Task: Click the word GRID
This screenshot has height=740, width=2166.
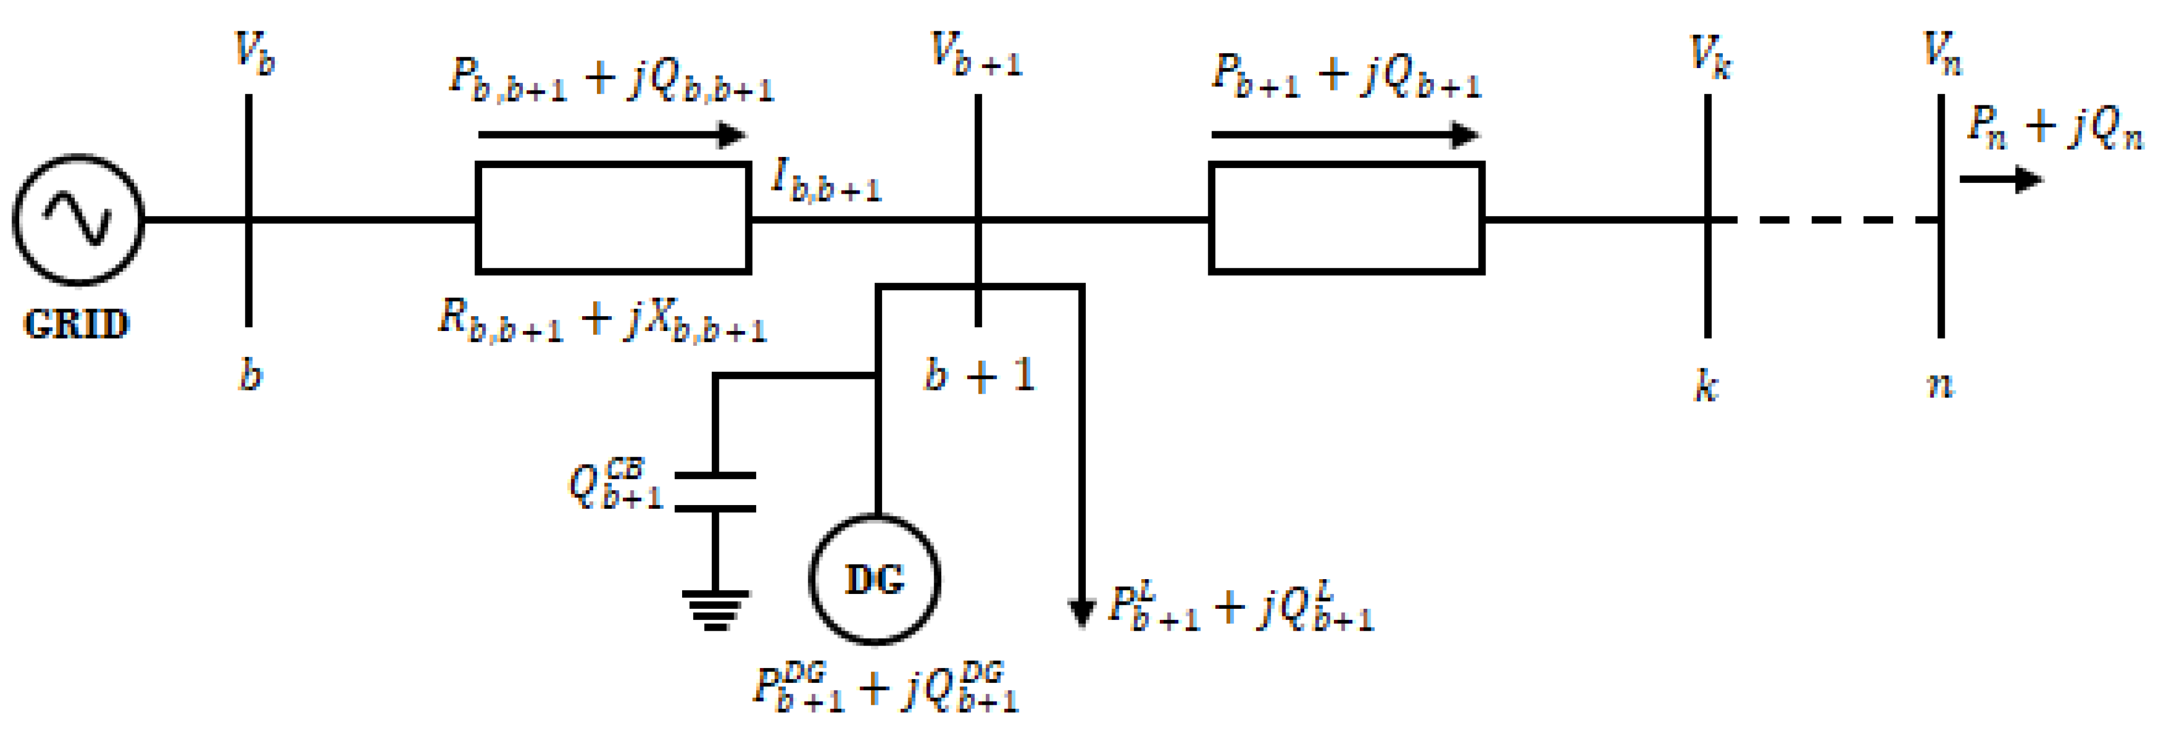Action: (x=76, y=324)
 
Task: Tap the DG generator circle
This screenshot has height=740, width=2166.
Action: (x=874, y=579)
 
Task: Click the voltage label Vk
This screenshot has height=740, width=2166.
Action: (x=1710, y=57)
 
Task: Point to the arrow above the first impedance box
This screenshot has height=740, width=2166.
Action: (x=611, y=134)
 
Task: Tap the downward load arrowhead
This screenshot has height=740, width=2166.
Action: (x=1080, y=612)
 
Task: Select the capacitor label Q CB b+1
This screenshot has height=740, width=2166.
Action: (x=616, y=485)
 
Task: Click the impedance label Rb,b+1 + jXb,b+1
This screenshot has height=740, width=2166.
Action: (x=602, y=321)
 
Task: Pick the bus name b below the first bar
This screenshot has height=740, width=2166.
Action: (x=250, y=375)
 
